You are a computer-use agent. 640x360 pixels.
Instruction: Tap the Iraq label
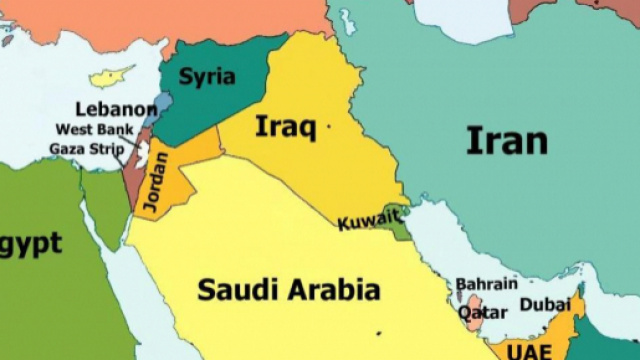tap(286, 127)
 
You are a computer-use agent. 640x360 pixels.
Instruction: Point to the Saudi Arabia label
tap(289, 290)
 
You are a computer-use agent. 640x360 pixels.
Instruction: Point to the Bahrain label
tap(487, 284)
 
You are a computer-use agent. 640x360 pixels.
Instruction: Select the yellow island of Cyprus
tap(110, 76)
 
